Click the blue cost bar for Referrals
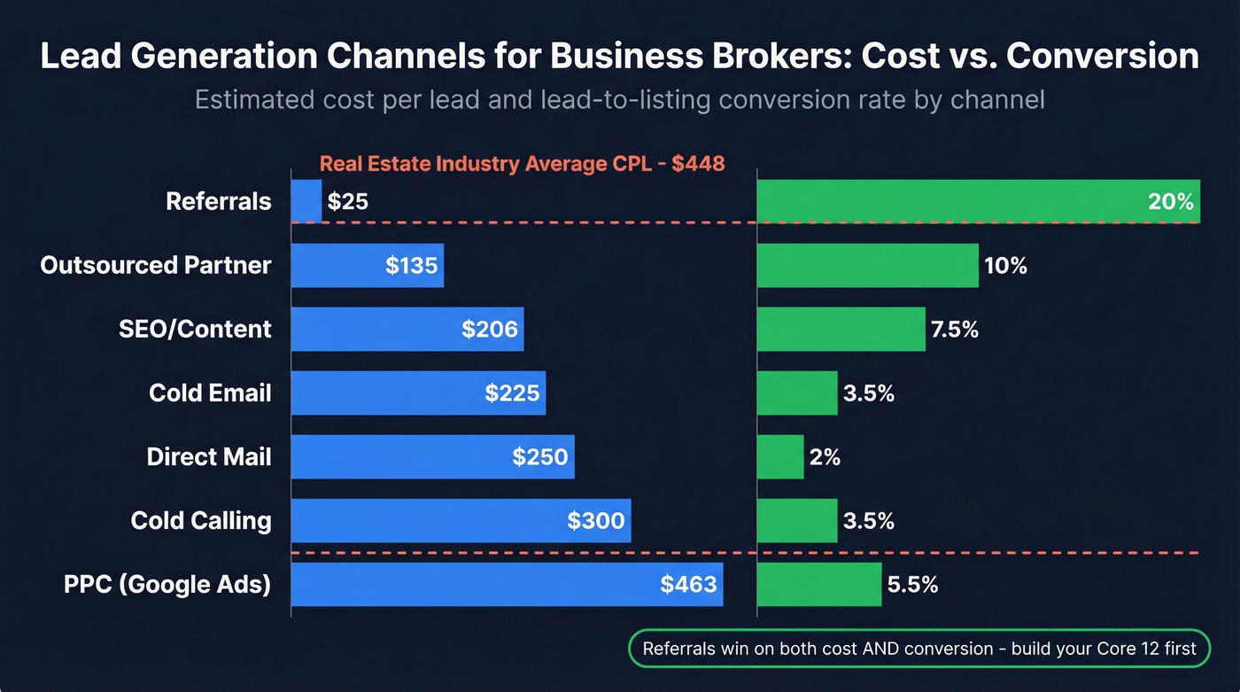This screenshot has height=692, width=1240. (x=306, y=201)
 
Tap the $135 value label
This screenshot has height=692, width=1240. (x=412, y=266)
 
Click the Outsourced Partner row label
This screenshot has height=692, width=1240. (x=156, y=265)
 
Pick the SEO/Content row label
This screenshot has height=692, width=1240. (x=195, y=329)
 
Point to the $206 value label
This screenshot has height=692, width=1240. (x=490, y=330)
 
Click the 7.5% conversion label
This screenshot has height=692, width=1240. (x=955, y=330)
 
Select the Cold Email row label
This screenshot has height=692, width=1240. (x=210, y=393)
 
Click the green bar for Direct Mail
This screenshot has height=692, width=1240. (x=780, y=456)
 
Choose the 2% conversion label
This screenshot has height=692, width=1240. (x=825, y=457)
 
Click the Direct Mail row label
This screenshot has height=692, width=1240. (x=209, y=456)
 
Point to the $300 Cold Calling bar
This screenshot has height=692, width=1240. (x=461, y=520)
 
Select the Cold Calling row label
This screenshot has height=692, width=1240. (x=201, y=520)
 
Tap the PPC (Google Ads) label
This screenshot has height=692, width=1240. (x=167, y=585)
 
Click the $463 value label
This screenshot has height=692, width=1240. (x=688, y=585)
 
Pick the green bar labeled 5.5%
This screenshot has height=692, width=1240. (x=819, y=584)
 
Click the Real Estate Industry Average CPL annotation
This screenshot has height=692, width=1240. (x=522, y=163)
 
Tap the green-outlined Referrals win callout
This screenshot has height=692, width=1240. (x=918, y=648)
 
